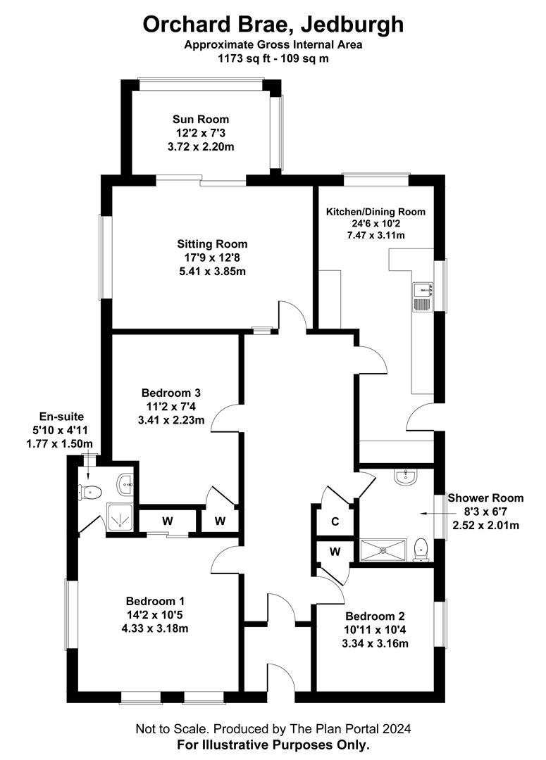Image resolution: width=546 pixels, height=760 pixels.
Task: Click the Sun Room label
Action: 201,119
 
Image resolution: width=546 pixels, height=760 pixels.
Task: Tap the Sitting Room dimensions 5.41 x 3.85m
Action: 212,272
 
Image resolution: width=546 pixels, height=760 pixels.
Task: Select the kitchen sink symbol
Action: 423,297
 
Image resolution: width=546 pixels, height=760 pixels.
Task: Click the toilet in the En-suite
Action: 90,493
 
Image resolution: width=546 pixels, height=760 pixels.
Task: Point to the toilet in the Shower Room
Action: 421,549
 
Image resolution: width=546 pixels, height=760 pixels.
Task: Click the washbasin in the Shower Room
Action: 404,476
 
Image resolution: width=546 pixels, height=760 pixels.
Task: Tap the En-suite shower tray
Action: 119,519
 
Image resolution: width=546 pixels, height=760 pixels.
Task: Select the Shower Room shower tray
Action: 383,550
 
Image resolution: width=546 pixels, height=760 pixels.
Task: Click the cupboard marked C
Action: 335,521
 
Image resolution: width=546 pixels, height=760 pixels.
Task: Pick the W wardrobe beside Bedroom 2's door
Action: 335,552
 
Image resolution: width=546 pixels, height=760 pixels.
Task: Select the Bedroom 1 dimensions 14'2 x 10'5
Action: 154,615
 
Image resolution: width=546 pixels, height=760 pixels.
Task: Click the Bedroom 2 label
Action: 375,616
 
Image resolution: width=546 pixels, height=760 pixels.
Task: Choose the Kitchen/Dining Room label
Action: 376,212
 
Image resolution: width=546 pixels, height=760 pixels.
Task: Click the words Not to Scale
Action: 172,728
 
